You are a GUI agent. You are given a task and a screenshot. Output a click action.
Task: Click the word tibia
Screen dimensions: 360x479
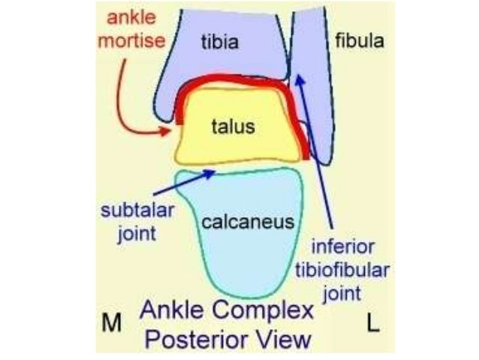[219, 42]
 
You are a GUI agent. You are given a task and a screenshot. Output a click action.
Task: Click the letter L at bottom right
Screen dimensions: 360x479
[372, 324]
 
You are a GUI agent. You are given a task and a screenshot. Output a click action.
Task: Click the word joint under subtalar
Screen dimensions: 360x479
[137, 232]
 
